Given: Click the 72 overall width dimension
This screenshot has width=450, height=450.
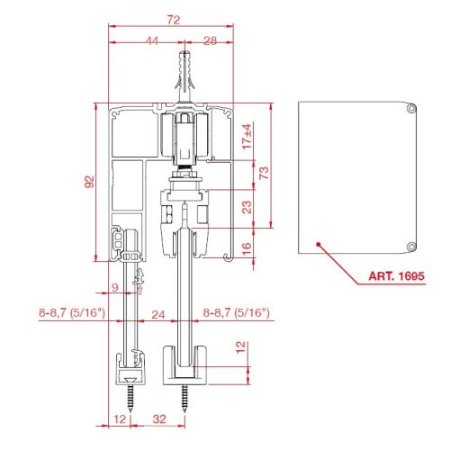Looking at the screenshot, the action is tap(174, 20).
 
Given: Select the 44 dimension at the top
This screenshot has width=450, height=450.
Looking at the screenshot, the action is tap(152, 40).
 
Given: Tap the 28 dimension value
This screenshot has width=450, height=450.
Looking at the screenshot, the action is tap(210, 40).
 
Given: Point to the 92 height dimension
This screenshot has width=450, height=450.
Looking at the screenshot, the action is tap(89, 182).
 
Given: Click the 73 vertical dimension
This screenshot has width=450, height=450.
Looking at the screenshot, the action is tap(264, 173).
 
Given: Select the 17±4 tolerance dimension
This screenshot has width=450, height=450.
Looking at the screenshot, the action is tap(247, 137).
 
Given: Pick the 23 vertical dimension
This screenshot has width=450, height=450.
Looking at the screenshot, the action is tap(247, 207).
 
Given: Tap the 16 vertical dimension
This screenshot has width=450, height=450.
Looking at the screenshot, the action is tap(246, 248).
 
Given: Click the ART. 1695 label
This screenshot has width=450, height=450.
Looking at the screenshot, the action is tap(397, 275).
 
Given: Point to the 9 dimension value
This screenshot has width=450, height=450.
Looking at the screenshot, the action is tap(115, 288).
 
